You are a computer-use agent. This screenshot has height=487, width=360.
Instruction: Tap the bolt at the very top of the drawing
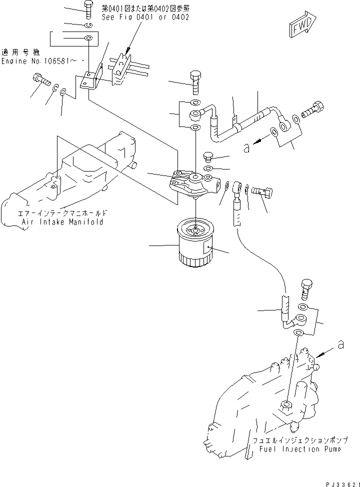click(88, 7)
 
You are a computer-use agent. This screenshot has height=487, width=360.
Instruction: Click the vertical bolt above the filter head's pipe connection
click(195, 80)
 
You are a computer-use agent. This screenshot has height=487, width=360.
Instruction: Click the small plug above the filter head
click(208, 156)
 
